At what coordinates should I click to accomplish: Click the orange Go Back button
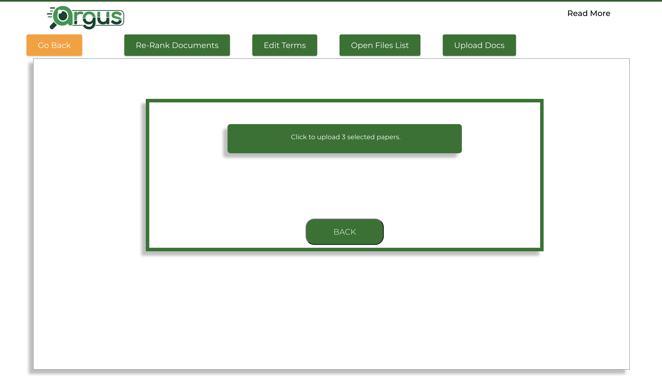[x=54, y=45]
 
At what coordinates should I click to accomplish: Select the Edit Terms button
[x=285, y=45]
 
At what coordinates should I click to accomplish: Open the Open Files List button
[x=380, y=45]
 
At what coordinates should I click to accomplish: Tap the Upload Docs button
[x=479, y=45]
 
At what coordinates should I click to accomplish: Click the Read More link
[x=589, y=13]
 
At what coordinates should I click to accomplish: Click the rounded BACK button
[x=345, y=232]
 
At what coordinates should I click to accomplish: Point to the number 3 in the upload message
[x=343, y=137]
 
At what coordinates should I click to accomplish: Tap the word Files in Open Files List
[x=384, y=45]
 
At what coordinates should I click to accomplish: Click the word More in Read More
[x=600, y=13]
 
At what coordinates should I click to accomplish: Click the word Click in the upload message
[x=299, y=137]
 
